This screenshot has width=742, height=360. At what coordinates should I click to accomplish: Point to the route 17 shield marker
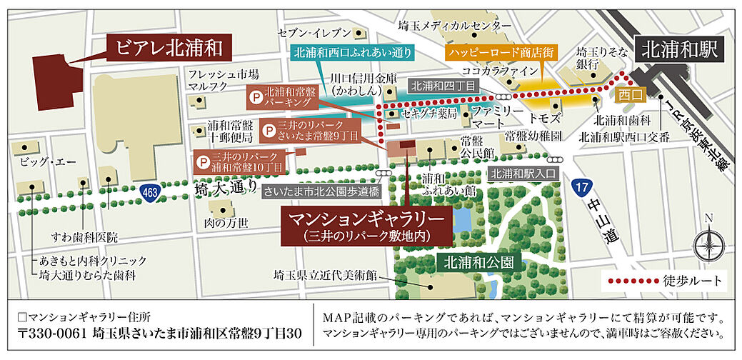[x=581, y=187]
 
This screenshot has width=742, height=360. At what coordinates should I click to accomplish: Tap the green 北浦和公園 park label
[x=477, y=262]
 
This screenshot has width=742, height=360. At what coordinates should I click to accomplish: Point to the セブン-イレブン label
[x=314, y=34]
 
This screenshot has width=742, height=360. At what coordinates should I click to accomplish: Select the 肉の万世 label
[x=226, y=223]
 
